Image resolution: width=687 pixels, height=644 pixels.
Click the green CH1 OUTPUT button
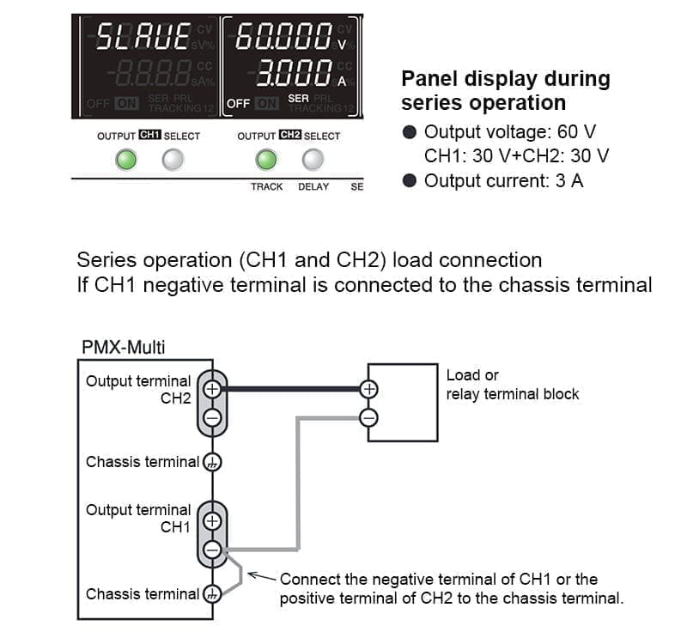(x=126, y=160)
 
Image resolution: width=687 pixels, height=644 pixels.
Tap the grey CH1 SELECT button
(x=173, y=160)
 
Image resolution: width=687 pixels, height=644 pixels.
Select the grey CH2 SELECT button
(x=313, y=160)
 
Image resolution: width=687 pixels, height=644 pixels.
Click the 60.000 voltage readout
(x=283, y=38)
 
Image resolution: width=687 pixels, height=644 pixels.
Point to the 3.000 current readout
(x=292, y=74)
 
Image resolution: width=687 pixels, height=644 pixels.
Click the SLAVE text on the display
(x=143, y=38)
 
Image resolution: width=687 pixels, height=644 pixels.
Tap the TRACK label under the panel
(x=266, y=186)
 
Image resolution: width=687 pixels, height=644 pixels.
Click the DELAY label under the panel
(x=313, y=186)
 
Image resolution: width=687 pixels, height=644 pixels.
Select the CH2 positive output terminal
(x=212, y=389)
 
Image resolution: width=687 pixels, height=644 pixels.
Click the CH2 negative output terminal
(x=212, y=417)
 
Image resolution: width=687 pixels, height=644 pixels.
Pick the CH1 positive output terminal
(x=212, y=520)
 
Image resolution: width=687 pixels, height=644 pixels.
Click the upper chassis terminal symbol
(x=212, y=463)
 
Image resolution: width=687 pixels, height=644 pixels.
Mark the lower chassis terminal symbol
(x=212, y=594)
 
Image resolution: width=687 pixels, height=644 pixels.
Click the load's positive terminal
(x=368, y=389)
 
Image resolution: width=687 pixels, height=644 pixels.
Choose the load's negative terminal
(x=368, y=418)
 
